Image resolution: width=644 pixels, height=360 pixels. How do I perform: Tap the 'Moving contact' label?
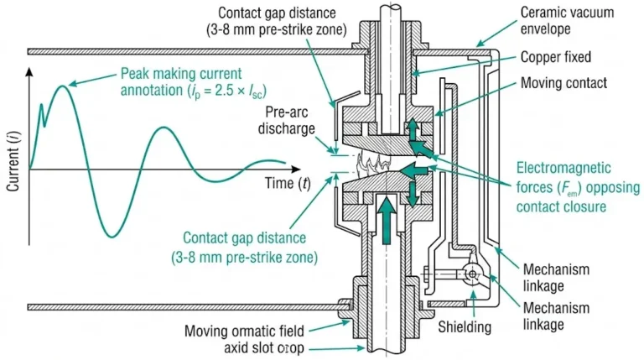pos(563,84)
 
